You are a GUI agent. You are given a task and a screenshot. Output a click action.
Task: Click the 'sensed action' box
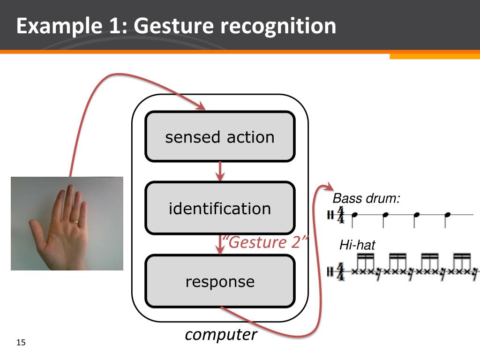[220, 137]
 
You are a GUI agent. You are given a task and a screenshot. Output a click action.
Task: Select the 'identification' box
[220, 208]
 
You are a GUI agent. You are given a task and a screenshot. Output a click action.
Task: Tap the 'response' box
[220, 281]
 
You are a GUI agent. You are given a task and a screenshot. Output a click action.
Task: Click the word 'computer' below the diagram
[221, 335]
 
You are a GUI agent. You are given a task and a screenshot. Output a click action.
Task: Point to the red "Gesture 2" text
[265, 243]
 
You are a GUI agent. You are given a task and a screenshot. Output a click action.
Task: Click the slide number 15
[21, 343]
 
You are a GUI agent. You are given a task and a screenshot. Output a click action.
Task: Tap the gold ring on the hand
[75, 220]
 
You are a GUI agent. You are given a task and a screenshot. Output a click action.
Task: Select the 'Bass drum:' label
[367, 198]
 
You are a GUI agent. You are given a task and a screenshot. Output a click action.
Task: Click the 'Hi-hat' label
[357, 245]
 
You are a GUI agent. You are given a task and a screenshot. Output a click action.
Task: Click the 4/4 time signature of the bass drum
[341, 215]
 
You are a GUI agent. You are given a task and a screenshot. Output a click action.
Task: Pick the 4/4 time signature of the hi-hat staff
[341, 270]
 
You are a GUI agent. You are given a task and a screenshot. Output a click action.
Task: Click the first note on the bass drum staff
[355, 215]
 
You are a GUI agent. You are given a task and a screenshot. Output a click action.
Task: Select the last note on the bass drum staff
[447, 215]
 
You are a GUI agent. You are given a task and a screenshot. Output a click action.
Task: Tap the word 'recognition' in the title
[279, 26]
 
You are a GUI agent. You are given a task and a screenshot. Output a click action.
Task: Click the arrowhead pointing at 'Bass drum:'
[329, 187]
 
